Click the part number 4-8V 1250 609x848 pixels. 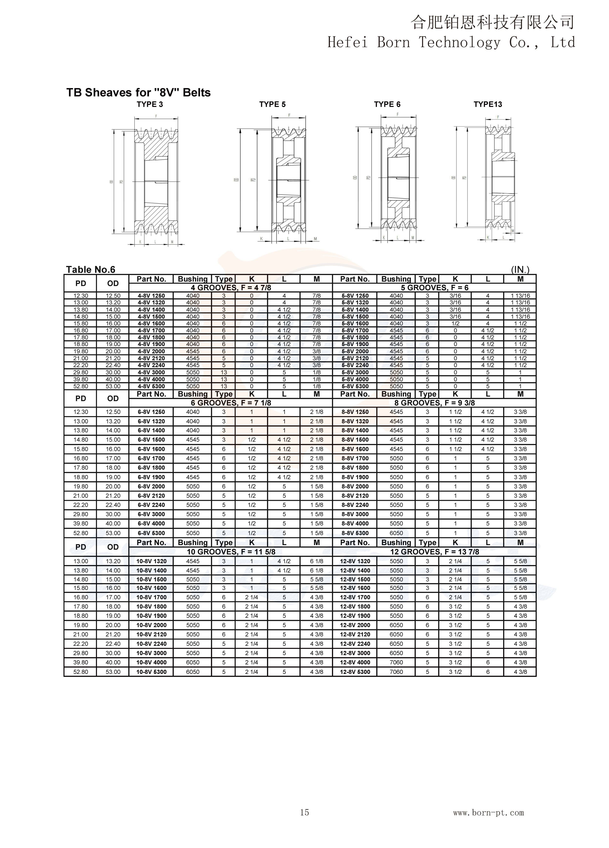(x=151, y=296)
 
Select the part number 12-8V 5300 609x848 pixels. (x=355, y=672)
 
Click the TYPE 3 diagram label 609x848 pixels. (x=150, y=104)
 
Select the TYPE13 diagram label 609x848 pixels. (x=488, y=104)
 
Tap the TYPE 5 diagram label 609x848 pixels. (x=272, y=104)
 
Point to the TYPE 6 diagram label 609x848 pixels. (x=387, y=104)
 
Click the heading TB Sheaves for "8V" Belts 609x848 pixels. (x=138, y=93)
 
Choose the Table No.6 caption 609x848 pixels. (x=90, y=270)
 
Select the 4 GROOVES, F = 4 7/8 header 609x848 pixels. (x=231, y=288)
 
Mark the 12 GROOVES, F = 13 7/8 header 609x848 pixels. (x=434, y=552)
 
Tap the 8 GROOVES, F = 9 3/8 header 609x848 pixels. (x=434, y=403)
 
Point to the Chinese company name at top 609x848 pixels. (x=492, y=22)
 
